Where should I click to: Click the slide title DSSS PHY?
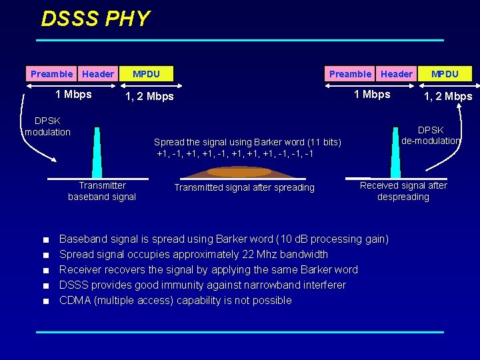click(x=95, y=19)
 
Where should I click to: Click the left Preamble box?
click(x=51, y=74)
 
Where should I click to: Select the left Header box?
click(x=98, y=74)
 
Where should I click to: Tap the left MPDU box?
click(x=146, y=74)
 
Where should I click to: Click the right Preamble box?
click(x=350, y=74)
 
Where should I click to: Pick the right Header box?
click(x=397, y=74)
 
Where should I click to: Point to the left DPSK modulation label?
click(x=47, y=126)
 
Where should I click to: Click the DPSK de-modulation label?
click(x=431, y=135)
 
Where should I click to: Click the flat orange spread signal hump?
click(x=239, y=172)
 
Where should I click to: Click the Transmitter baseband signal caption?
click(x=102, y=191)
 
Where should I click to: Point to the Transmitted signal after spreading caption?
click(x=244, y=187)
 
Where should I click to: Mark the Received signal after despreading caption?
click(x=403, y=191)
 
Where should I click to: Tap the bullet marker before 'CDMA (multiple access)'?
click(x=45, y=301)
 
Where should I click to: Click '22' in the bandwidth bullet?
click(x=261, y=254)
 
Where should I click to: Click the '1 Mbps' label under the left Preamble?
click(x=73, y=94)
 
